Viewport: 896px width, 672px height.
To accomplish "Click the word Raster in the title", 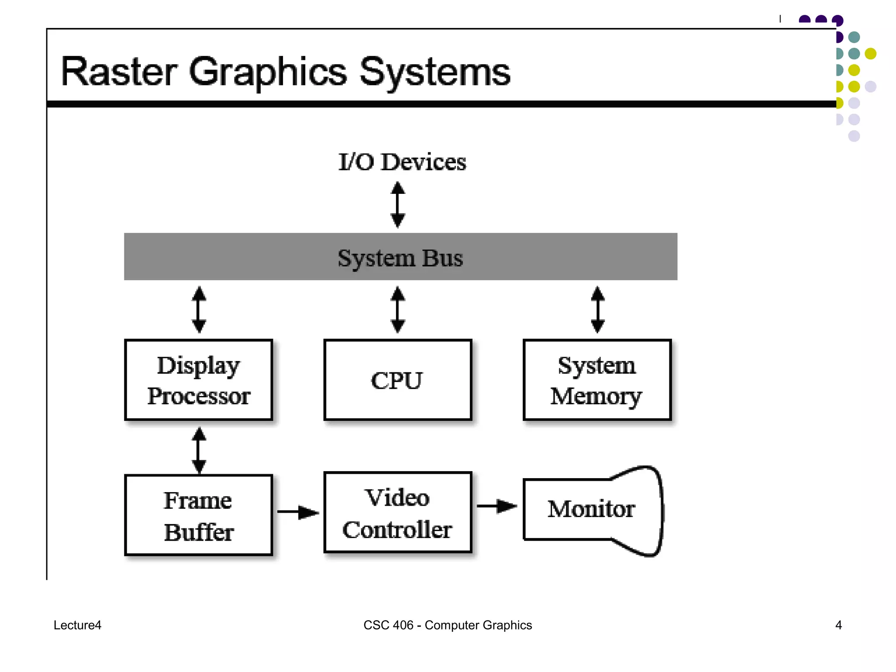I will [119, 72].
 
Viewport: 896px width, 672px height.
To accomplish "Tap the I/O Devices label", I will [402, 162].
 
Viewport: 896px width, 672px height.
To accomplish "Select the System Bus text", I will [400, 258].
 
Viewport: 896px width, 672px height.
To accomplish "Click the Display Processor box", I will [199, 380].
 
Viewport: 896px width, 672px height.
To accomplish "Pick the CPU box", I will [397, 380].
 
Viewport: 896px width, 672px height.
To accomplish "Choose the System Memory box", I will [597, 380].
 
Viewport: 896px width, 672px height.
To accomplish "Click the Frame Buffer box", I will [199, 515].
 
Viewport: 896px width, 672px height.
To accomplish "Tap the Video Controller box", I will [397, 513].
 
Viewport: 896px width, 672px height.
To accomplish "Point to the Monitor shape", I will [591, 510].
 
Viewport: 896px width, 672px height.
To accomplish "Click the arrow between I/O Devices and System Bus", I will [398, 205].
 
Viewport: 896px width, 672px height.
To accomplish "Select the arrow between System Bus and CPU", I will [398, 309].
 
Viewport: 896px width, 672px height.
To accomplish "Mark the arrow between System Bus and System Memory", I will [598, 309].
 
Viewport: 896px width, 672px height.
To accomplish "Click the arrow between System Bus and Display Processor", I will [199, 309].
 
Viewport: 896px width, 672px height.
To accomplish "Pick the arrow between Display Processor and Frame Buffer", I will [199, 450].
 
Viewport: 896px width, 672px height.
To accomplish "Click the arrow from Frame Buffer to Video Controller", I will [298, 512].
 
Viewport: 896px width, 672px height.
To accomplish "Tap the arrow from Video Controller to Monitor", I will [497, 506].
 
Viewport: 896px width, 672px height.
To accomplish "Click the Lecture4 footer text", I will [77, 625].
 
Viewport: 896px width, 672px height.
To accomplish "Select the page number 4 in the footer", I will [838, 625].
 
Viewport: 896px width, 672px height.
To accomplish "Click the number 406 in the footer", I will [403, 625].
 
